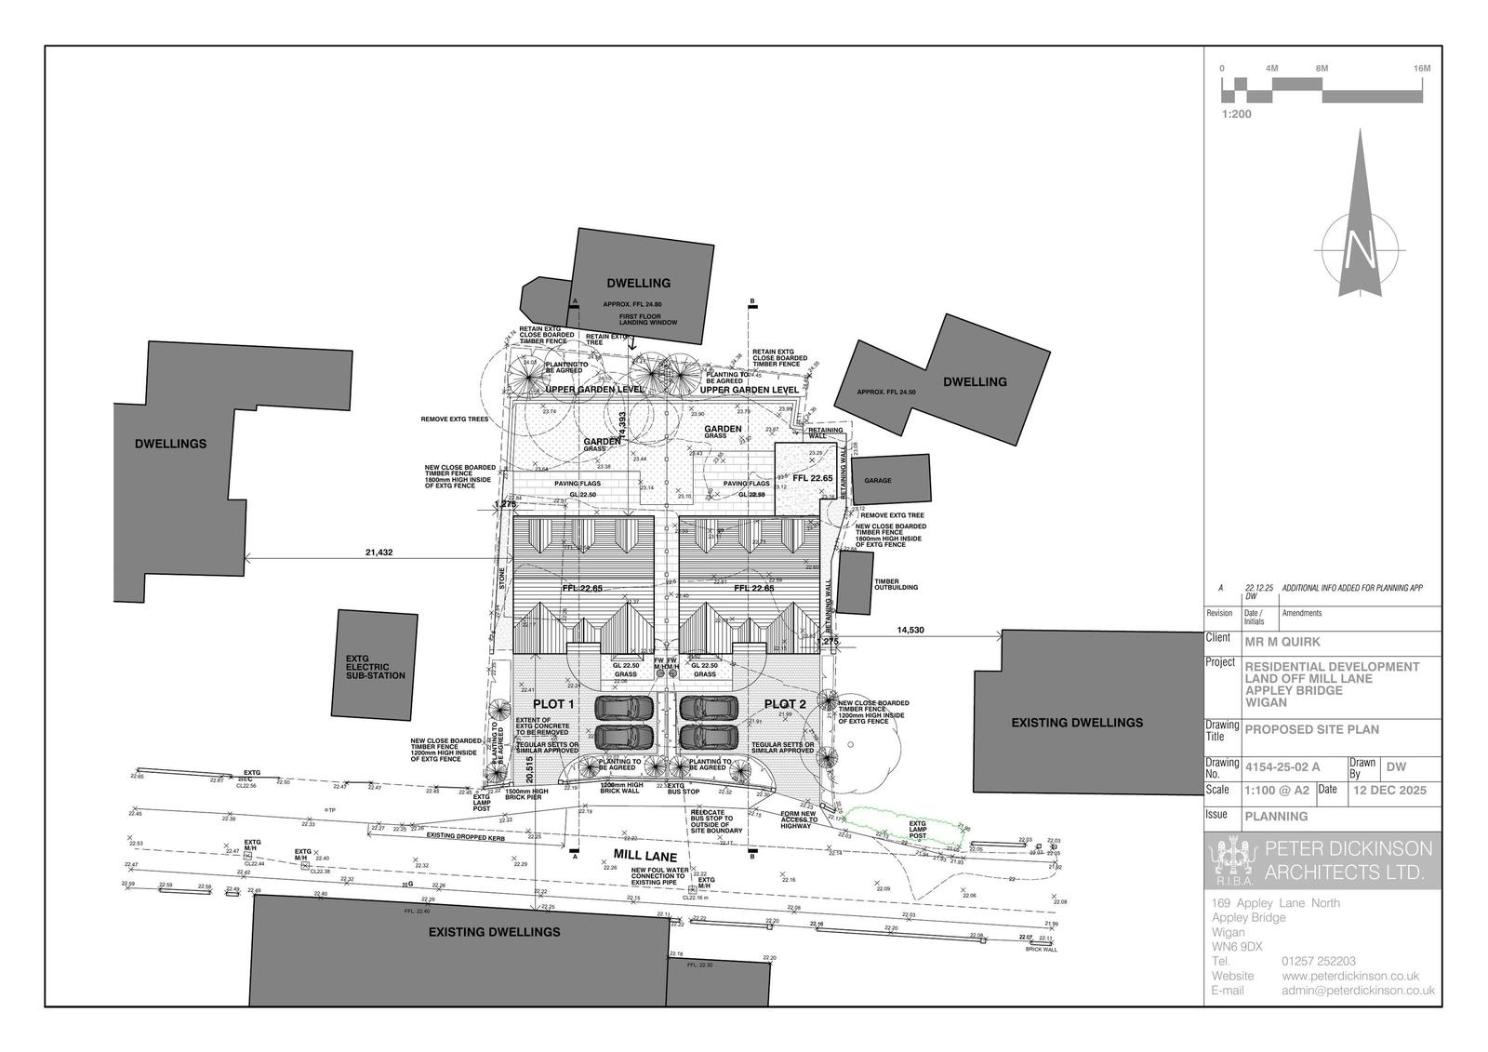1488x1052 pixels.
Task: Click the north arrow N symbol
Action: pos(1360,249)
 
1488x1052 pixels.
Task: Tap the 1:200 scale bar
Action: pos(1322,90)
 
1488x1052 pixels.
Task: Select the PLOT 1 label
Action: pos(554,703)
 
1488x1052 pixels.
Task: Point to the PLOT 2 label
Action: pos(784,703)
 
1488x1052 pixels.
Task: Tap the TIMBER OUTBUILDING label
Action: pos(896,584)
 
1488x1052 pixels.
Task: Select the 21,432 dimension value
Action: pos(379,553)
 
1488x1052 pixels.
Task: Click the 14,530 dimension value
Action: pos(910,631)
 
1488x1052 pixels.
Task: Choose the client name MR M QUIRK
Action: pos(1282,641)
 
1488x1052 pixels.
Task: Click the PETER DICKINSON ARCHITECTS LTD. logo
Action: pos(1322,859)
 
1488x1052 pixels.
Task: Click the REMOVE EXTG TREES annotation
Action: pos(455,419)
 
